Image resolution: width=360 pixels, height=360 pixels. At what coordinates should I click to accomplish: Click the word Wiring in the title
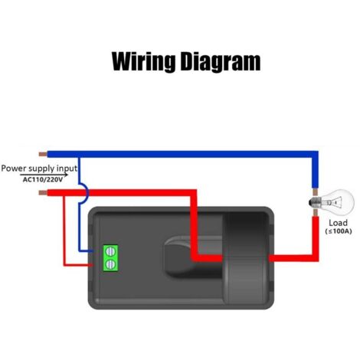(143, 61)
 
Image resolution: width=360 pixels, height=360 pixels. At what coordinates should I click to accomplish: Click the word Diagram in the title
(221, 61)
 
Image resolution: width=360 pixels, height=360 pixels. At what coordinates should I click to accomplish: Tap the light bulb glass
(339, 202)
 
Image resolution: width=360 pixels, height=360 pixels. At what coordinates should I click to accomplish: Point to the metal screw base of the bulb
(315, 203)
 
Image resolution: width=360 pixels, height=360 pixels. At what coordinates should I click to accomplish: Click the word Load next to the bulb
(338, 223)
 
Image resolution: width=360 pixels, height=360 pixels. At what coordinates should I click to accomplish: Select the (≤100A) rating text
(339, 231)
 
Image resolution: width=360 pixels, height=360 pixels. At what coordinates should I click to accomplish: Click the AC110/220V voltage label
(43, 179)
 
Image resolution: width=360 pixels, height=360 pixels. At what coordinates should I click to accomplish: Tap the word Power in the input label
(15, 169)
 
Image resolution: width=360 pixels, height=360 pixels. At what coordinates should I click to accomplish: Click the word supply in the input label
(42, 169)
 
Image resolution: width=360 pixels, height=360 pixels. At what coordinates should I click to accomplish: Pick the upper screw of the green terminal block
(110, 251)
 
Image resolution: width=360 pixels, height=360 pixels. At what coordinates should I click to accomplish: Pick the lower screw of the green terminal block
(110, 264)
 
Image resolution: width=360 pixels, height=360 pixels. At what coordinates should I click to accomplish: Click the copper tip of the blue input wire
(43, 154)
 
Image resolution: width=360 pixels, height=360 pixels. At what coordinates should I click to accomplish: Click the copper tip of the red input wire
(43, 192)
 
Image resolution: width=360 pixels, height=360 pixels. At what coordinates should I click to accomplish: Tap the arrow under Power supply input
(44, 175)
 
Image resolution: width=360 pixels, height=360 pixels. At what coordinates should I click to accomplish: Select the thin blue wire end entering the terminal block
(91, 251)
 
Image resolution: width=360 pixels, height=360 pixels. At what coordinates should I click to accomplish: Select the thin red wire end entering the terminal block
(90, 265)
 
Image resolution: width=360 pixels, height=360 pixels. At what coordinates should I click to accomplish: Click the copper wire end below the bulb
(316, 212)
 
